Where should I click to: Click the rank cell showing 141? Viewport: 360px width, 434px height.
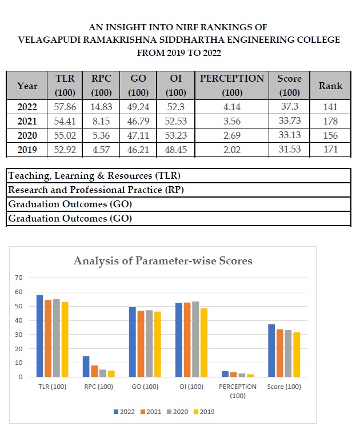click(330, 107)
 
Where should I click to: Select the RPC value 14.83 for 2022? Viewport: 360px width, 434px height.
click(101, 107)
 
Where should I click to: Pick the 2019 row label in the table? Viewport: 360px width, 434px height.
click(27, 150)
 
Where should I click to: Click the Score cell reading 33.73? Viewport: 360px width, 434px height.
click(289, 121)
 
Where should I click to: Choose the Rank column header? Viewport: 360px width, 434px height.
click(330, 86)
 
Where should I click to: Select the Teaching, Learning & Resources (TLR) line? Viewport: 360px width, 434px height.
click(98, 176)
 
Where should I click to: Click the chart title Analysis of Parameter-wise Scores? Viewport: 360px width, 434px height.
click(163, 261)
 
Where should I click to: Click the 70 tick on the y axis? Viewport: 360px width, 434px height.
click(19, 278)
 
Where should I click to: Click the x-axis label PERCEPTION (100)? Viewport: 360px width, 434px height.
click(238, 391)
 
